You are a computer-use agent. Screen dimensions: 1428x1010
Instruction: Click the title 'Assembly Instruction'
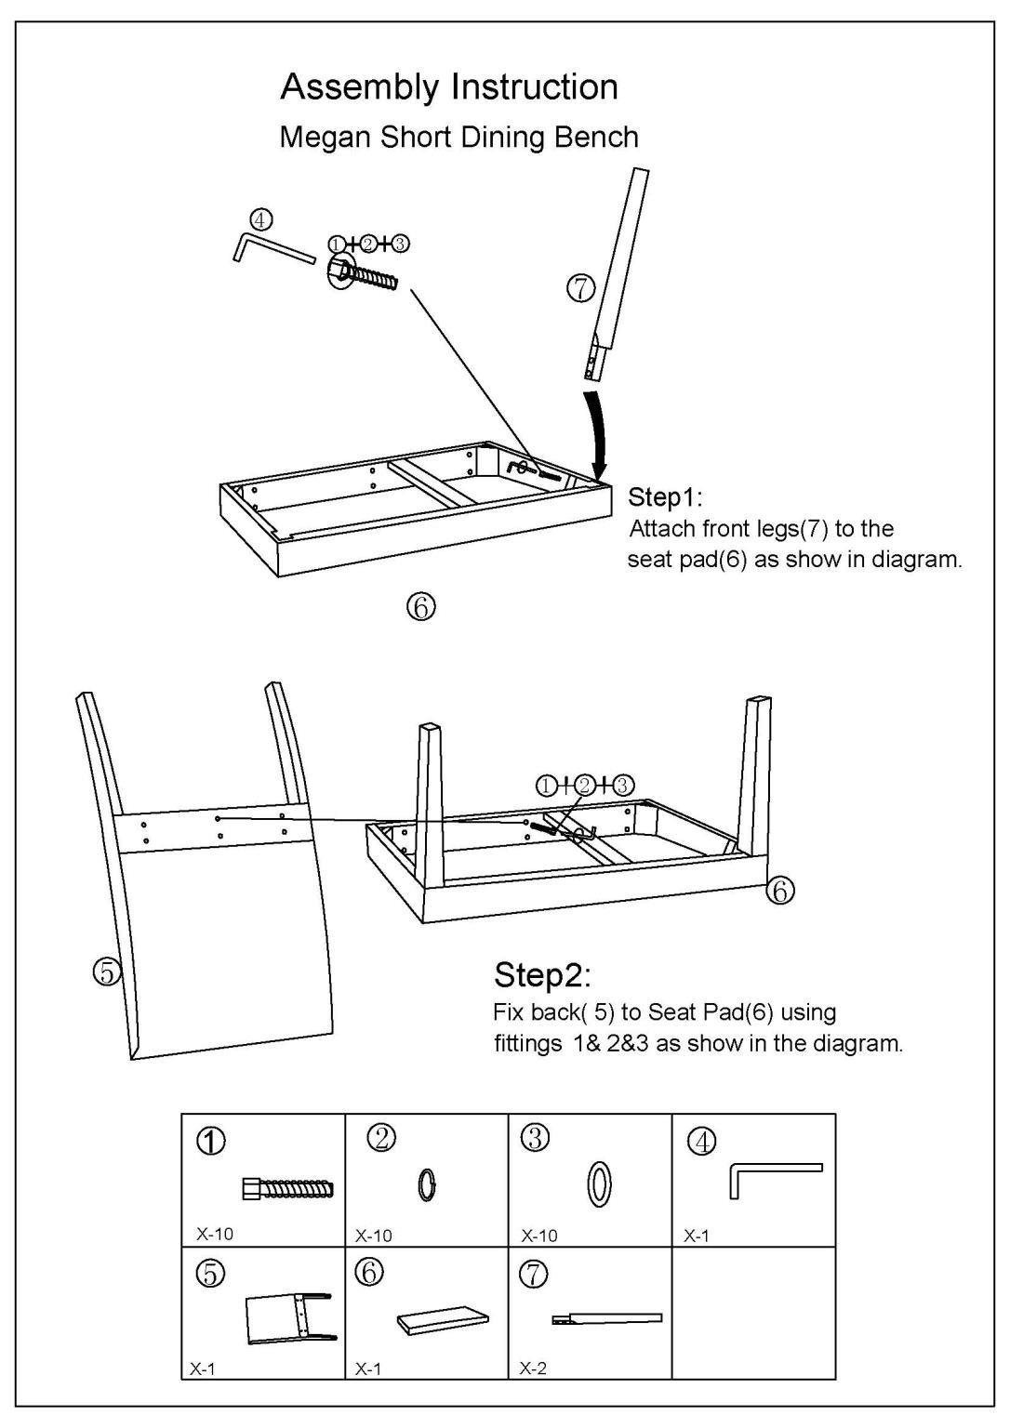(449, 87)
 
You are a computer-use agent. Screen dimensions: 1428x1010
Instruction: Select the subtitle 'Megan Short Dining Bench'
(458, 138)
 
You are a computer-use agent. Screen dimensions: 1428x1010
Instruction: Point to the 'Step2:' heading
(542, 975)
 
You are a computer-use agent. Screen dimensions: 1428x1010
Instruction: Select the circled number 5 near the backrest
(107, 972)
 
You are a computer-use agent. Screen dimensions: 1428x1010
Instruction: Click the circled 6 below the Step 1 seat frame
(420, 607)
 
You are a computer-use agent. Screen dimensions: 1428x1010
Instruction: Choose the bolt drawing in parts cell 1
(287, 1187)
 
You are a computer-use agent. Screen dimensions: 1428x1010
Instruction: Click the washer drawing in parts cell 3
(600, 1185)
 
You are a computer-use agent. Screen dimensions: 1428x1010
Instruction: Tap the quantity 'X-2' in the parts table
(533, 1368)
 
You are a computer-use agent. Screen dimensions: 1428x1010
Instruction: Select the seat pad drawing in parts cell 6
(443, 1320)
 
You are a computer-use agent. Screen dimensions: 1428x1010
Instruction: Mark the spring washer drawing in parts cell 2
(427, 1184)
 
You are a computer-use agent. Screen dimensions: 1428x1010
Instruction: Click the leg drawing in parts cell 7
(606, 1318)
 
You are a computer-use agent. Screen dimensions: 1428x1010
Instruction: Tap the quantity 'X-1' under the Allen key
(697, 1235)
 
